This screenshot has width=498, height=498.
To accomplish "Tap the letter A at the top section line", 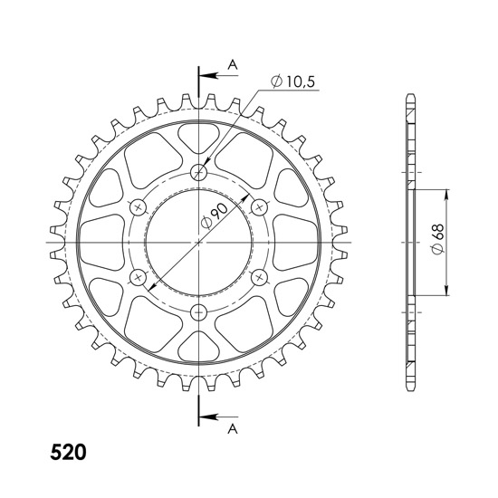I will point(233,63).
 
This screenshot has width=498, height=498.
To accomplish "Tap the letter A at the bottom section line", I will point(233,427).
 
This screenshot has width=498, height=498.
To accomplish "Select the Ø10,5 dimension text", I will point(296,82).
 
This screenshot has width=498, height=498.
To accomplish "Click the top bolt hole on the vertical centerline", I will point(199,172).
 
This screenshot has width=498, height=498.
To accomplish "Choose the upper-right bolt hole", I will point(259,207).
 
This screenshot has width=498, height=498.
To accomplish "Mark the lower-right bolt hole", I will point(259,277).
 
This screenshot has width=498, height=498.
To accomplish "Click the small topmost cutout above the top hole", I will point(199,139).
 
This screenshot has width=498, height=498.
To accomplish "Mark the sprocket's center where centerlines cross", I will point(199,243).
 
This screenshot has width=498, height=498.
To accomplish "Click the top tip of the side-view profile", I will point(411,96).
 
